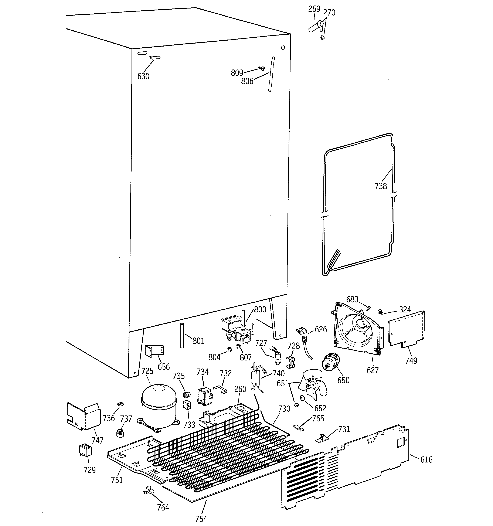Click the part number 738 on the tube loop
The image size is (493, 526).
(381, 186)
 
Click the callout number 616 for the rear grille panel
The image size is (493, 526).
(426, 460)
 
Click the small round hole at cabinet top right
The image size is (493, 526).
(283, 48)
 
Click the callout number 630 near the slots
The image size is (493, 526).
(143, 77)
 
